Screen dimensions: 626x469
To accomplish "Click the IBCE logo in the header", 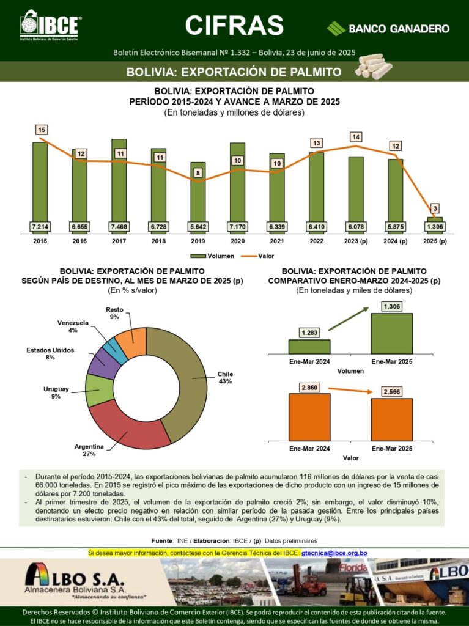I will [x=50, y=25].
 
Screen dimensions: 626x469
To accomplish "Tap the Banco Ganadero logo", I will [x=388, y=28].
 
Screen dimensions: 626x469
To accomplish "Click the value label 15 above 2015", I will [x=42, y=130].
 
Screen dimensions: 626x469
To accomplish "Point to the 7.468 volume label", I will [x=119, y=227].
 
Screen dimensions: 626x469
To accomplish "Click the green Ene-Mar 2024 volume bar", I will [x=309, y=347].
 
